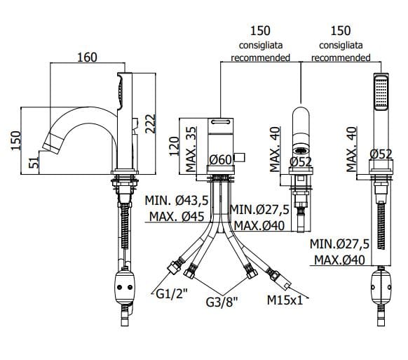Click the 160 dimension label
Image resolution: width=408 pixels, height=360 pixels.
[x=87, y=58]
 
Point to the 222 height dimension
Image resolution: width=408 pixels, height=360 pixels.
[x=151, y=124]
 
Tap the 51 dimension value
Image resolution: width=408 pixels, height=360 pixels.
[x=34, y=162]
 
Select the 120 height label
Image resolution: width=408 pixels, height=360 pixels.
[x=175, y=146]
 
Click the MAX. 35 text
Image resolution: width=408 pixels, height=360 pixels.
[x=191, y=149]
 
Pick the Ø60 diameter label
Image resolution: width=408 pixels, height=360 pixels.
[x=220, y=160]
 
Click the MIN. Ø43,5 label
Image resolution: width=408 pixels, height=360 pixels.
[x=177, y=201]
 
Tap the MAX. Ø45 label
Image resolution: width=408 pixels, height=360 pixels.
[x=177, y=216]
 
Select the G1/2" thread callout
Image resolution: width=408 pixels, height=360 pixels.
[x=172, y=294]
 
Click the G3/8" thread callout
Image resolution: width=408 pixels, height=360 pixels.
[x=222, y=302]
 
